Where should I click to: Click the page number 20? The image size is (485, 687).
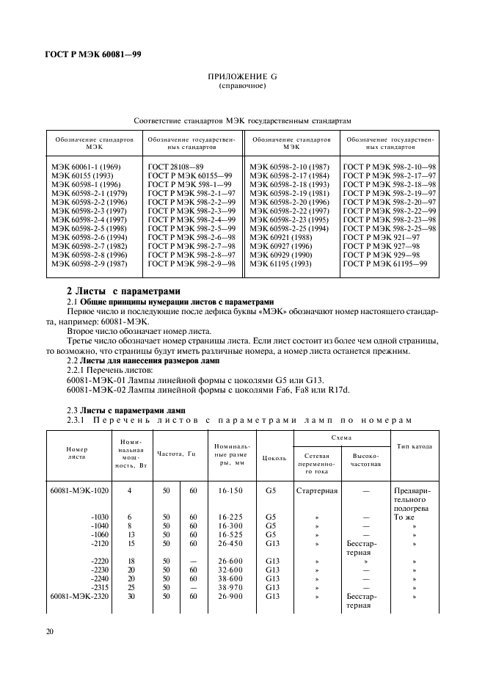click(48, 631)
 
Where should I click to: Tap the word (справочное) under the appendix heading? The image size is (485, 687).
click(242, 86)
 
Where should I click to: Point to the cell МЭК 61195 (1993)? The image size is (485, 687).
click(279, 263)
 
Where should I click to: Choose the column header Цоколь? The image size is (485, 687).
click(274, 457)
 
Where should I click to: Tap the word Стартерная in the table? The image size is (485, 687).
click(316, 490)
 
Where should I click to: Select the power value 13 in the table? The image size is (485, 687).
click(129, 534)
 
